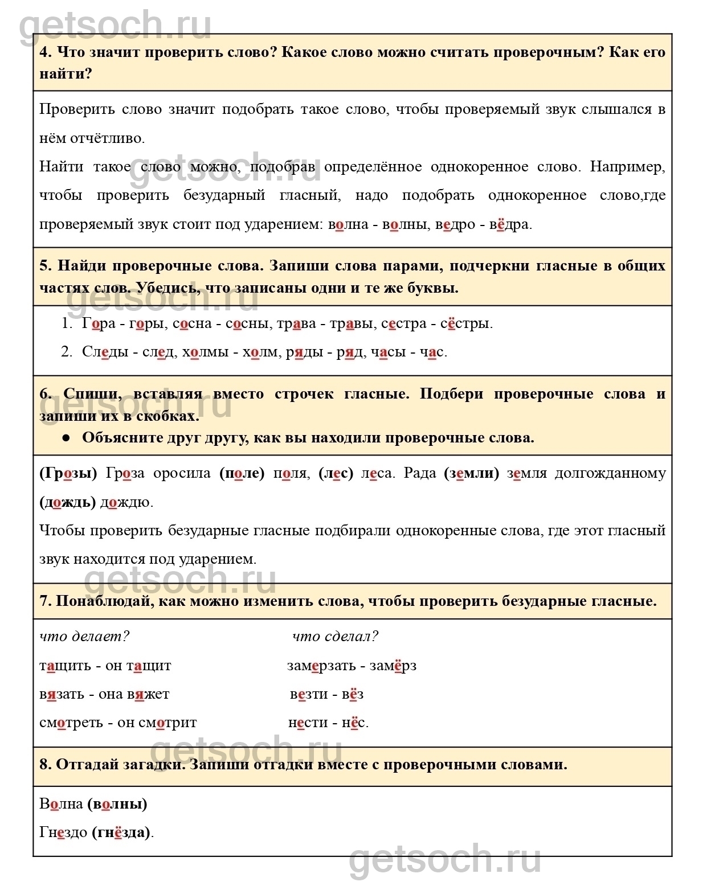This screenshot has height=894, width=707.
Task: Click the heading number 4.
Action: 45,52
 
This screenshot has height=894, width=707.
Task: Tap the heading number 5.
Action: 45,266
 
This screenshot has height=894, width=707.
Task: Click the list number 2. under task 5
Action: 67,352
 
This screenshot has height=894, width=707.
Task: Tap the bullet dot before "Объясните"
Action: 66,438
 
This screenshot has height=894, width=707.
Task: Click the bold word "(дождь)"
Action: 68,502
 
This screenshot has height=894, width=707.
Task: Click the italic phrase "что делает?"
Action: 84,637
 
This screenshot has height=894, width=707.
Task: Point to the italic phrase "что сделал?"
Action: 335,637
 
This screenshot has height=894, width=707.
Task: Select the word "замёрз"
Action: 393,666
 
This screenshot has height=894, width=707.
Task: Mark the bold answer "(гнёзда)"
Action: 121,833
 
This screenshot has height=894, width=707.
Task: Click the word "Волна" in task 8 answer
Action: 62,804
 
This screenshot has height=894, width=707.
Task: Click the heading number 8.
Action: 45,765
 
